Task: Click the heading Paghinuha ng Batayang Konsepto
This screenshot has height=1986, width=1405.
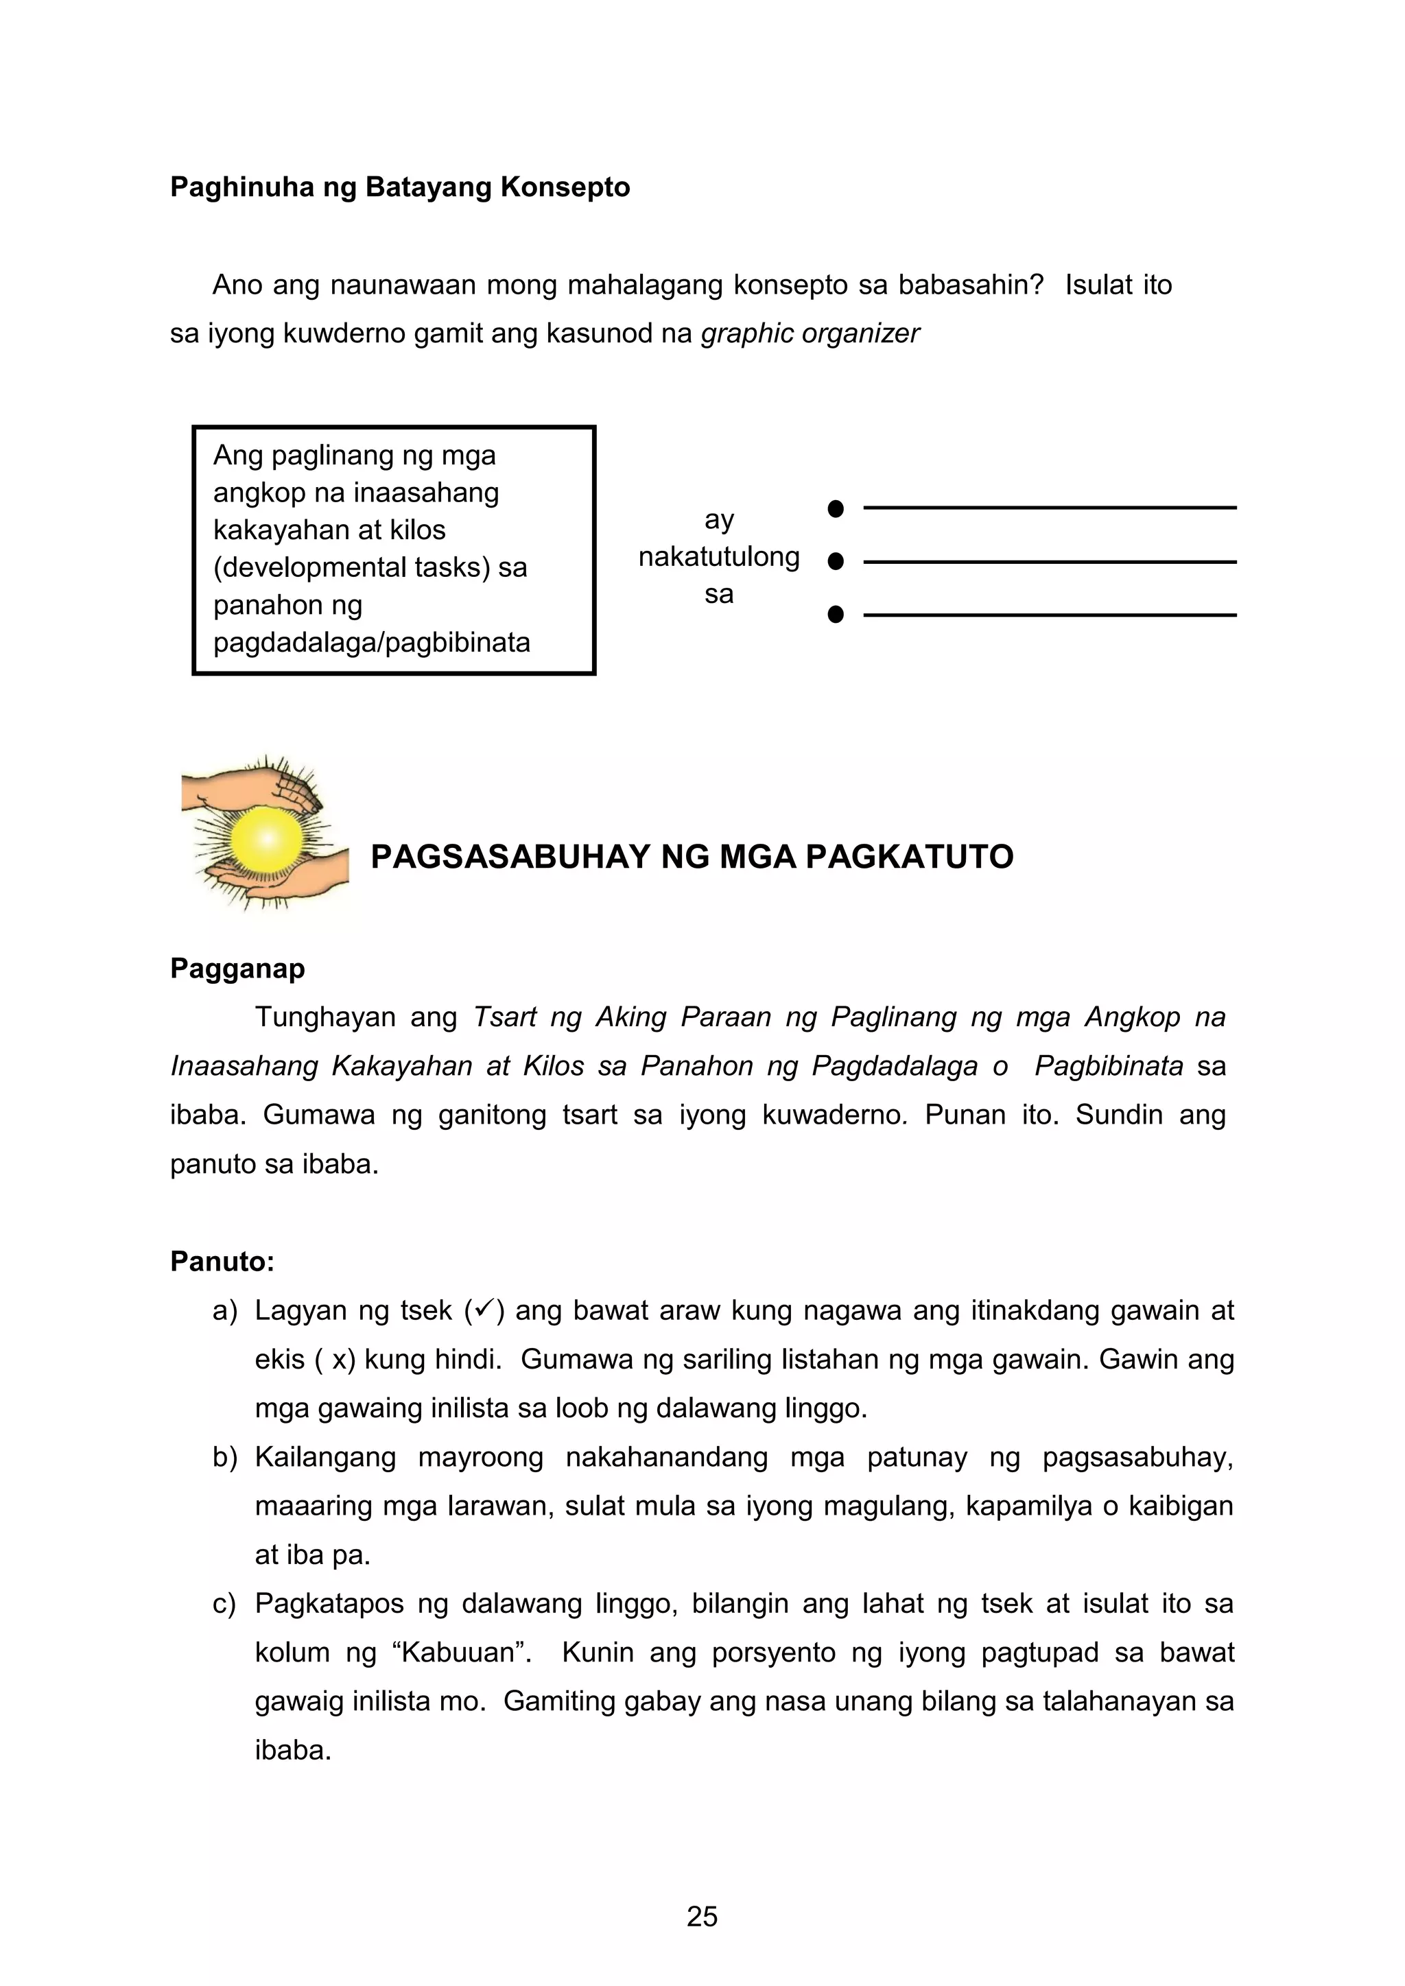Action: coord(400,187)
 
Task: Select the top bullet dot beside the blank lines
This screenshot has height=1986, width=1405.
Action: coord(835,508)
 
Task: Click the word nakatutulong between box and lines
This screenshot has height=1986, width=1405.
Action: coord(718,556)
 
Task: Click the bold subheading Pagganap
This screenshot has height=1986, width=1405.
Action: coord(237,968)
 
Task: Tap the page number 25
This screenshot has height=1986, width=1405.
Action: coord(702,1917)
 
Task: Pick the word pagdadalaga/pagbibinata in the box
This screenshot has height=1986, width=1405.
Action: coord(371,643)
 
